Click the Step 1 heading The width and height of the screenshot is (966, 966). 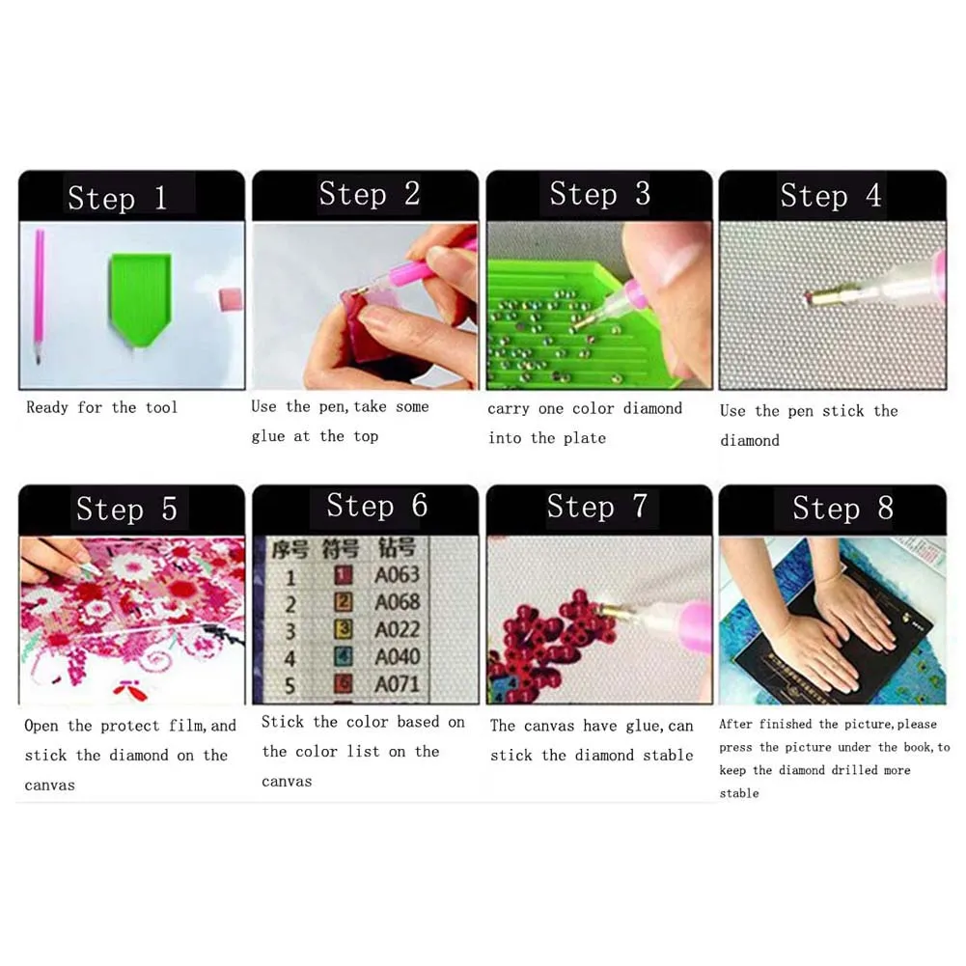[118, 198]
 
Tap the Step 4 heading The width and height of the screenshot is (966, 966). [831, 195]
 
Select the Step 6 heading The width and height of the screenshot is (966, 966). [377, 505]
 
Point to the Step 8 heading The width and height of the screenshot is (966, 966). [842, 508]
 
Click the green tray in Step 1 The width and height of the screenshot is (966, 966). [140, 298]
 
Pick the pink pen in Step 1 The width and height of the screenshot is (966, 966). [39, 296]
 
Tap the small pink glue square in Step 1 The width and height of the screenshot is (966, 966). [230, 299]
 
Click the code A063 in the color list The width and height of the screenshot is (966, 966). [398, 575]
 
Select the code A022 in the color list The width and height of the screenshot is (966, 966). [398, 629]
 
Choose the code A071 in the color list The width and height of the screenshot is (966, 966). [398, 684]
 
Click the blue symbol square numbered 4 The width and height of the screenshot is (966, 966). [344, 655]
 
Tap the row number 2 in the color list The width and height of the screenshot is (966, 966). [290, 604]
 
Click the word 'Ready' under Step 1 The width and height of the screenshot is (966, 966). [47, 408]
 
